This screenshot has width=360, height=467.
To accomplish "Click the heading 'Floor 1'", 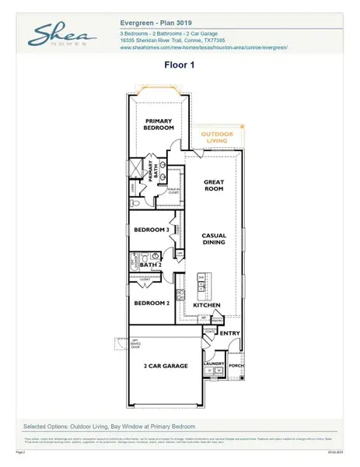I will [x=180, y=67].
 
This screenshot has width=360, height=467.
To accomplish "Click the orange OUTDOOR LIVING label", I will [x=217, y=138].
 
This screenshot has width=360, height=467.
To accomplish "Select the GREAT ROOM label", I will [x=214, y=187].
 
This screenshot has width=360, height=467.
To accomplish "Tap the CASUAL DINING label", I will [x=214, y=238].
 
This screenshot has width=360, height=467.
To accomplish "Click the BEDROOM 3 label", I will [x=151, y=230].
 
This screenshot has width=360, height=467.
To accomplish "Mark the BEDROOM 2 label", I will [x=151, y=303].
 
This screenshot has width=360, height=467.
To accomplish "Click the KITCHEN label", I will [x=207, y=305].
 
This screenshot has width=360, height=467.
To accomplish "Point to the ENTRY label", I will [x=229, y=333].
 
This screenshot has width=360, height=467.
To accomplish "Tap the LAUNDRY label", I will [x=214, y=363].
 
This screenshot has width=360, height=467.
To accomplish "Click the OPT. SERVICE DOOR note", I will [x=121, y=344].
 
